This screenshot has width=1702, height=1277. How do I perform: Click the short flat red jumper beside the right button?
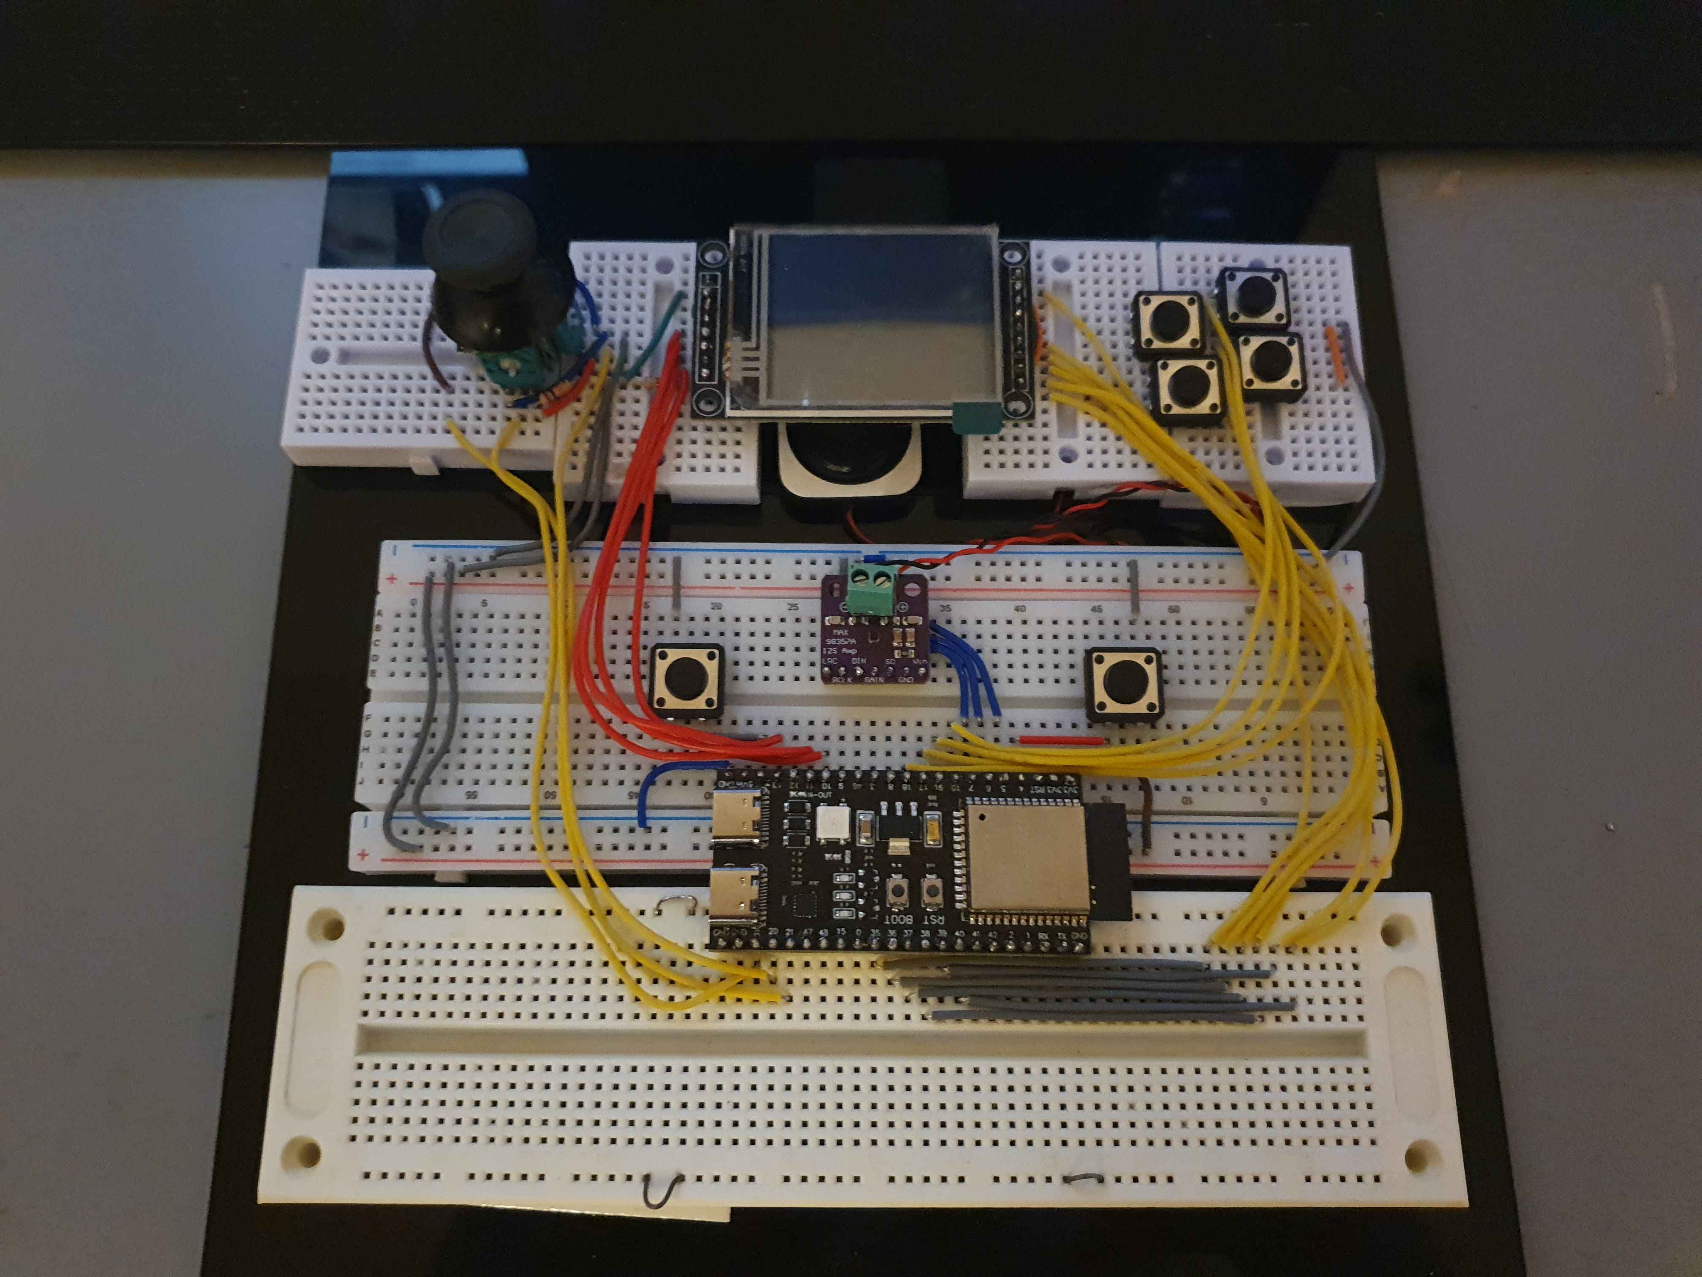coord(1061,741)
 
